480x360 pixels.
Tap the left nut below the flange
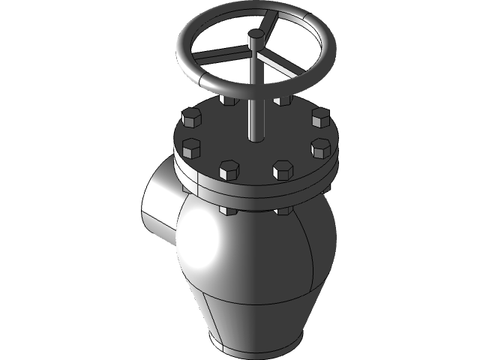[228, 211]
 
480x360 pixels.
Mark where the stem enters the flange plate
[256, 139]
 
